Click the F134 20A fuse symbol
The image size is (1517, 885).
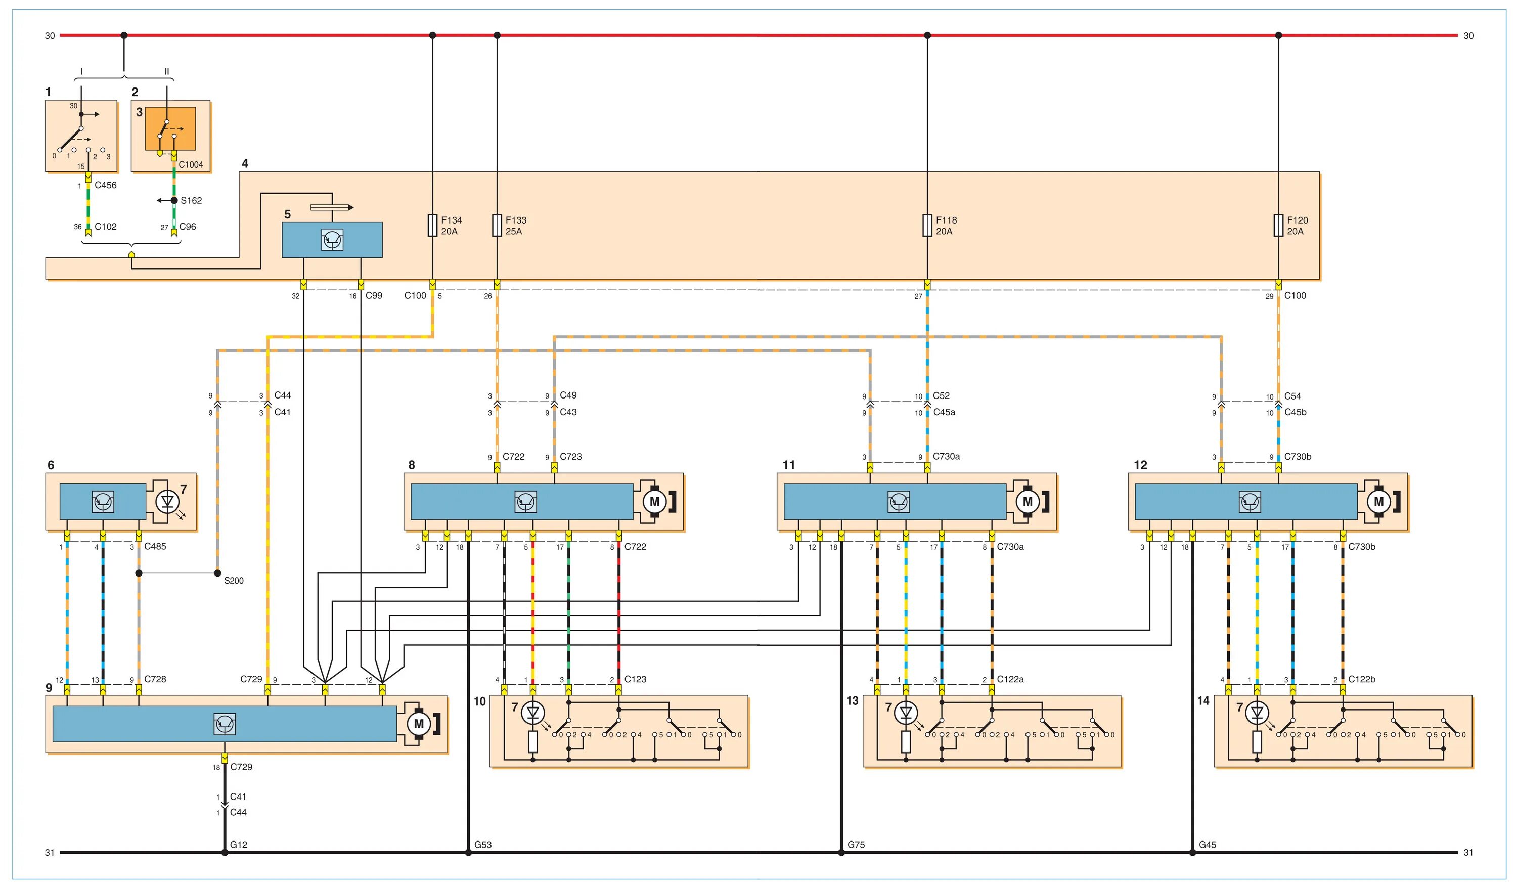click(432, 225)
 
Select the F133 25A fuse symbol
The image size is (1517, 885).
click(497, 225)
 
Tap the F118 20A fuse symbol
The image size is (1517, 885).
click(927, 225)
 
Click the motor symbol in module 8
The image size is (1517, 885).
click(654, 502)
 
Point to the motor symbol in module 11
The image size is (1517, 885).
click(1028, 502)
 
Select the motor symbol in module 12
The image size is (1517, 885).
click(1378, 502)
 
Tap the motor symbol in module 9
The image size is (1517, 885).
click(419, 724)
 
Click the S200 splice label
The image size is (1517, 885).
click(234, 581)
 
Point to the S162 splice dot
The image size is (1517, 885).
click(174, 200)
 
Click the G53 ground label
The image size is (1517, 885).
click(483, 845)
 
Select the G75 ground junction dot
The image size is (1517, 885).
click(841, 853)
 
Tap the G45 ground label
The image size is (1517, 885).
click(1208, 845)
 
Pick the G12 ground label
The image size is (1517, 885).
click(238, 845)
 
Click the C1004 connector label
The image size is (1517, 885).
click(191, 165)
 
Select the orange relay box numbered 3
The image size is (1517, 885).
click(171, 128)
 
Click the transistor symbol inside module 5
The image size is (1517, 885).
click(332, 240)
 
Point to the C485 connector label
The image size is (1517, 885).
click(155, 547)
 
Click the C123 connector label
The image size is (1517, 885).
click(635, 679)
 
